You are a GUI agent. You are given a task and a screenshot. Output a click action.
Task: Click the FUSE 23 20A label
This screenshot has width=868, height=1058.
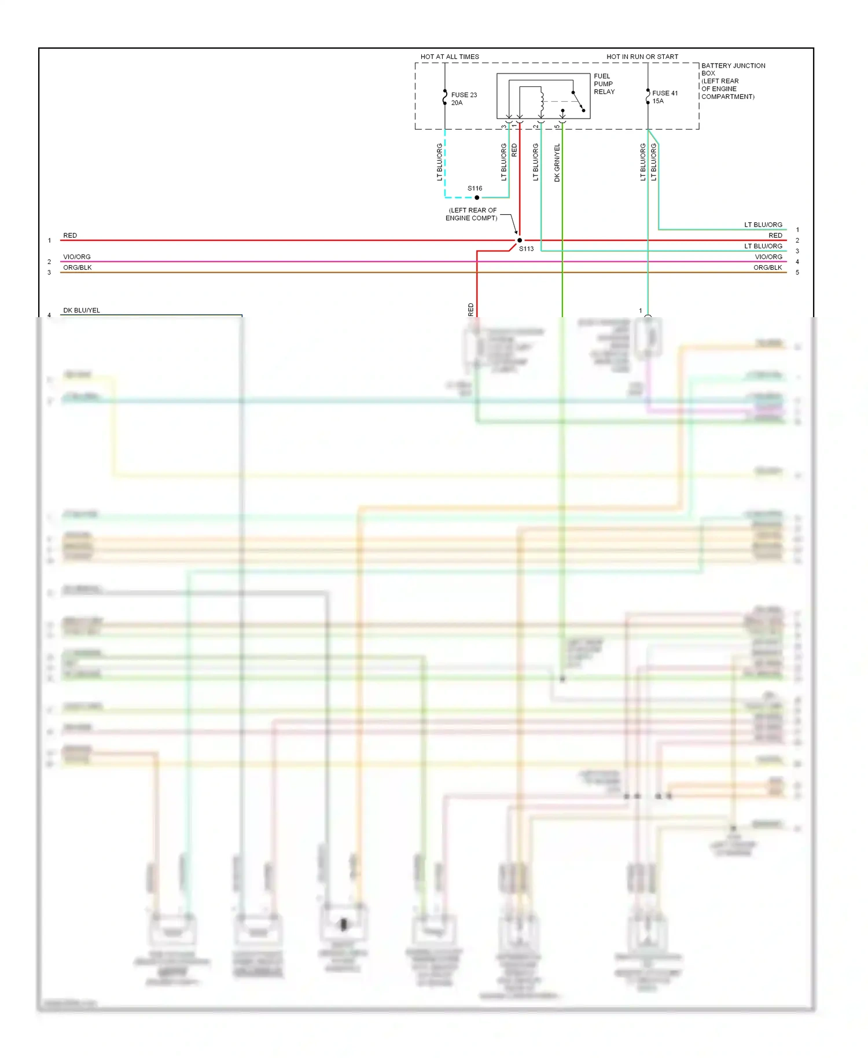[464, 99]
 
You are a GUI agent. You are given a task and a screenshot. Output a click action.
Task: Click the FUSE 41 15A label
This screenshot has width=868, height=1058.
[664, 97]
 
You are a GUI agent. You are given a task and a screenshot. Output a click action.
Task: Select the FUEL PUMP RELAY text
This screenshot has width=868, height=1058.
[604, 84]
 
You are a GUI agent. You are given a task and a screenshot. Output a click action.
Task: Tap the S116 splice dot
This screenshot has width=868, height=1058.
[477, 197]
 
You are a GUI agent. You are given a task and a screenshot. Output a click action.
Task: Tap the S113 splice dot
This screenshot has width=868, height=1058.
[520, 240]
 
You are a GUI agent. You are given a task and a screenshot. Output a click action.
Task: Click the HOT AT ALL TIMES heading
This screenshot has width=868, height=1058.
[450, 57]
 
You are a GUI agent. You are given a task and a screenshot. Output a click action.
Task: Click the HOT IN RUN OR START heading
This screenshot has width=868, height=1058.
[642, 57]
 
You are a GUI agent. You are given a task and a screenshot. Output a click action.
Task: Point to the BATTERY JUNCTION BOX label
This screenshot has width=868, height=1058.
[733, 69]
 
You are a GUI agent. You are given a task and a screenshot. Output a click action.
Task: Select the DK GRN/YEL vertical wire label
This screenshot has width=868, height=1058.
[557, 163]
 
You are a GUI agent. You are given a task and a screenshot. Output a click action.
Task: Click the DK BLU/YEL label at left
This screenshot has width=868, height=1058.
[82, 310]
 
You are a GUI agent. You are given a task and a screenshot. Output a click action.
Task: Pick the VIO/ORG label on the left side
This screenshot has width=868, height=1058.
[77, 257]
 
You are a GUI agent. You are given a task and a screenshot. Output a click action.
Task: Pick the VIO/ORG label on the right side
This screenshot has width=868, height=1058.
[768, 257]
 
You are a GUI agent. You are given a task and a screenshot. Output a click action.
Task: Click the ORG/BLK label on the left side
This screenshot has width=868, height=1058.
[78, 267]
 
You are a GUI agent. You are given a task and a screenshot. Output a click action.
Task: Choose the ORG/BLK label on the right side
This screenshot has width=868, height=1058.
[767, 267]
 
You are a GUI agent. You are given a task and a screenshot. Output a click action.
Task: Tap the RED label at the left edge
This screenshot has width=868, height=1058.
[70, 236]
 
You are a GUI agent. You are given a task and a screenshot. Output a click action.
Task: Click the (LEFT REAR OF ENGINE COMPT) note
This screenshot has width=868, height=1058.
[472, 214]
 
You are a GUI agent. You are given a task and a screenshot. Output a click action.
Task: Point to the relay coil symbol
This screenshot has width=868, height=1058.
[542, 102]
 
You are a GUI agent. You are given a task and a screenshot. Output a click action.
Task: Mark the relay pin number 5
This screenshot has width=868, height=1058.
[557, 127]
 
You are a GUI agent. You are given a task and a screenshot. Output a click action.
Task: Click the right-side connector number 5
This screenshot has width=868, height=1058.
[797, 273]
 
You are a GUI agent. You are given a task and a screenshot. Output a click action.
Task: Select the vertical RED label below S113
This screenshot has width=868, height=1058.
[470, 309]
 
